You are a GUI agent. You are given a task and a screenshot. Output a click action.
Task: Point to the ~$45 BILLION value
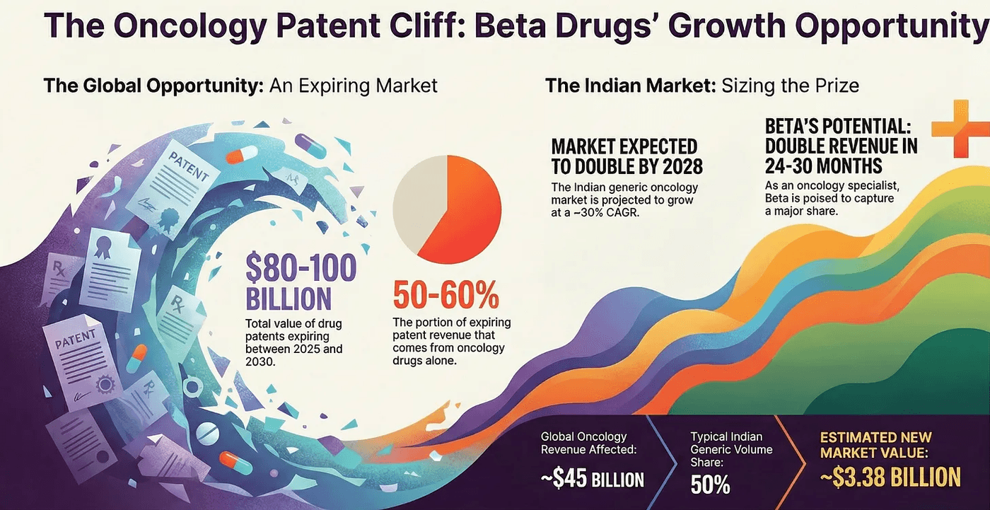coord(593,480)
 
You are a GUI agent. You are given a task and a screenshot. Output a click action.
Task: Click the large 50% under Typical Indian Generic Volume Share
coord(710,485)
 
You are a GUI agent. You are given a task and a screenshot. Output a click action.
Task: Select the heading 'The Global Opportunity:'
coord(153,86)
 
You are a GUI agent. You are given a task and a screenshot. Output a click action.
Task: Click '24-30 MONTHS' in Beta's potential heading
coord(823,166)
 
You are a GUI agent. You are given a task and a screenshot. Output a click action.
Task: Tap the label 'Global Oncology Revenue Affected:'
coord(584,444)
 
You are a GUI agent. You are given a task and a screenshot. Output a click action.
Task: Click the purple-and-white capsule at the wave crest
coord(310,146)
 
